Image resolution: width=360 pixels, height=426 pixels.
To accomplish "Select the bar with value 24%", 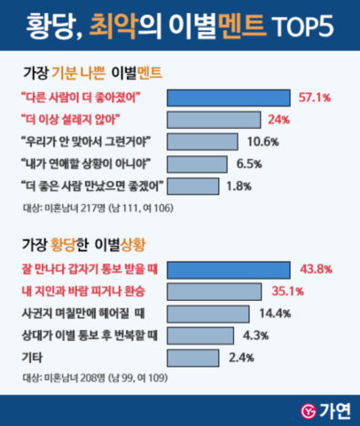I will click(214, 119).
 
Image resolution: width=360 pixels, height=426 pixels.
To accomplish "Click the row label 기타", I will click(31, 358).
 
